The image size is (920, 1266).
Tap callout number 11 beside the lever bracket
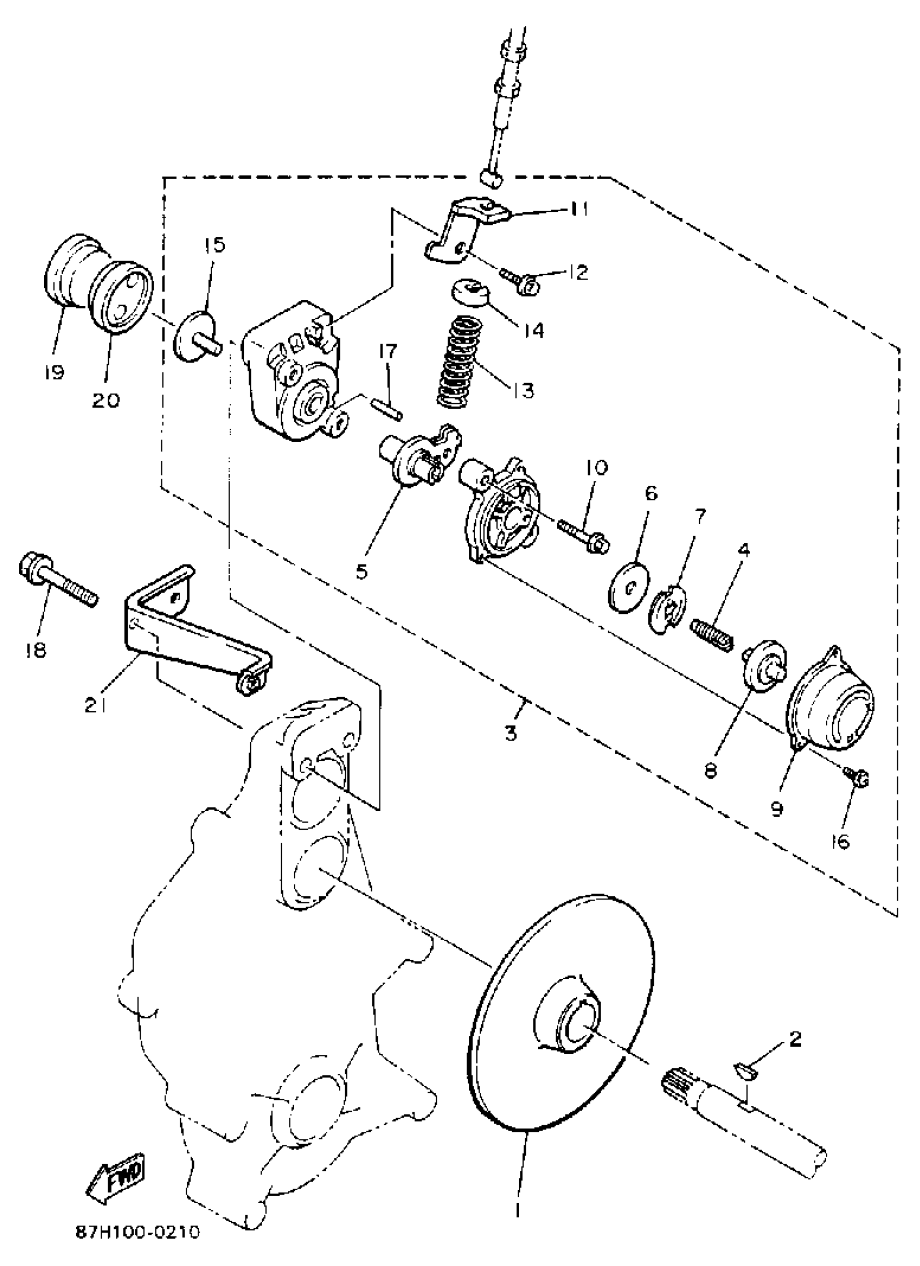coord(579,209)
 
